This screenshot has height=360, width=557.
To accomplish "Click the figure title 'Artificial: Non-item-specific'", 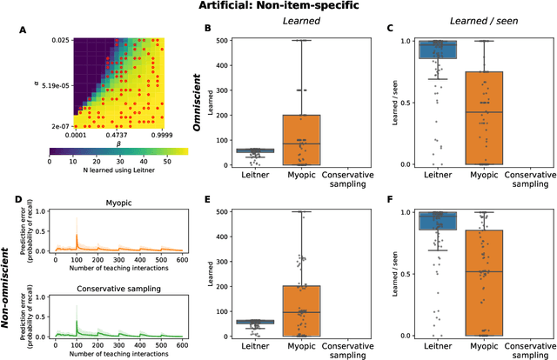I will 278,7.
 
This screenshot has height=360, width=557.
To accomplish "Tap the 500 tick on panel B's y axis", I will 223,41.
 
